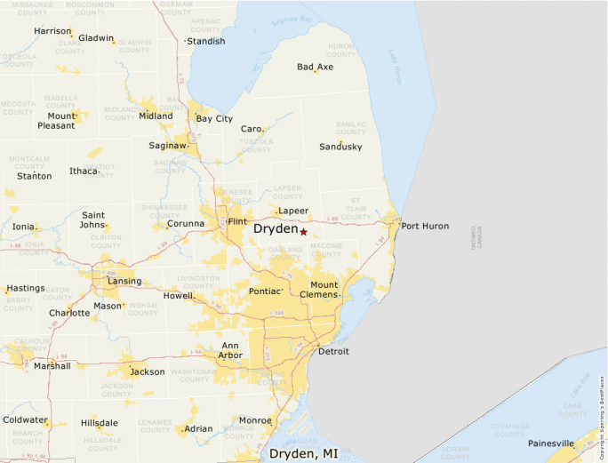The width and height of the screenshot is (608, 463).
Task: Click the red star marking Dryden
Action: (303, 231)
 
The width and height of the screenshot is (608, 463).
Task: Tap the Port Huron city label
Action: (425, 226)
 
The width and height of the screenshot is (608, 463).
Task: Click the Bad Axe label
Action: (315, 67)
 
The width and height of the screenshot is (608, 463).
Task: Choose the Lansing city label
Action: (124, 281)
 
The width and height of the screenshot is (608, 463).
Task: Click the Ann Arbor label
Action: (230, 350)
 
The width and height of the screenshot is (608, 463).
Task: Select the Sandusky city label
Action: (340, 147)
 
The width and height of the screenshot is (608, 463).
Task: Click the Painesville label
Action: (551, 443)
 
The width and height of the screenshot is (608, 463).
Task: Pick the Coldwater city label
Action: (25, 419)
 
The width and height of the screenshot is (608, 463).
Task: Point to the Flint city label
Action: (237, 221)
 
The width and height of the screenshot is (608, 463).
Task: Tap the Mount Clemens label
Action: (324, 290)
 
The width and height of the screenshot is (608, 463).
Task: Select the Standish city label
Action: (205, 41)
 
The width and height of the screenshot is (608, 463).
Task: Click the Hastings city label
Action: (26, 288)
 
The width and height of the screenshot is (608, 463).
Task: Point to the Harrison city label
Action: (52, 31)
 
